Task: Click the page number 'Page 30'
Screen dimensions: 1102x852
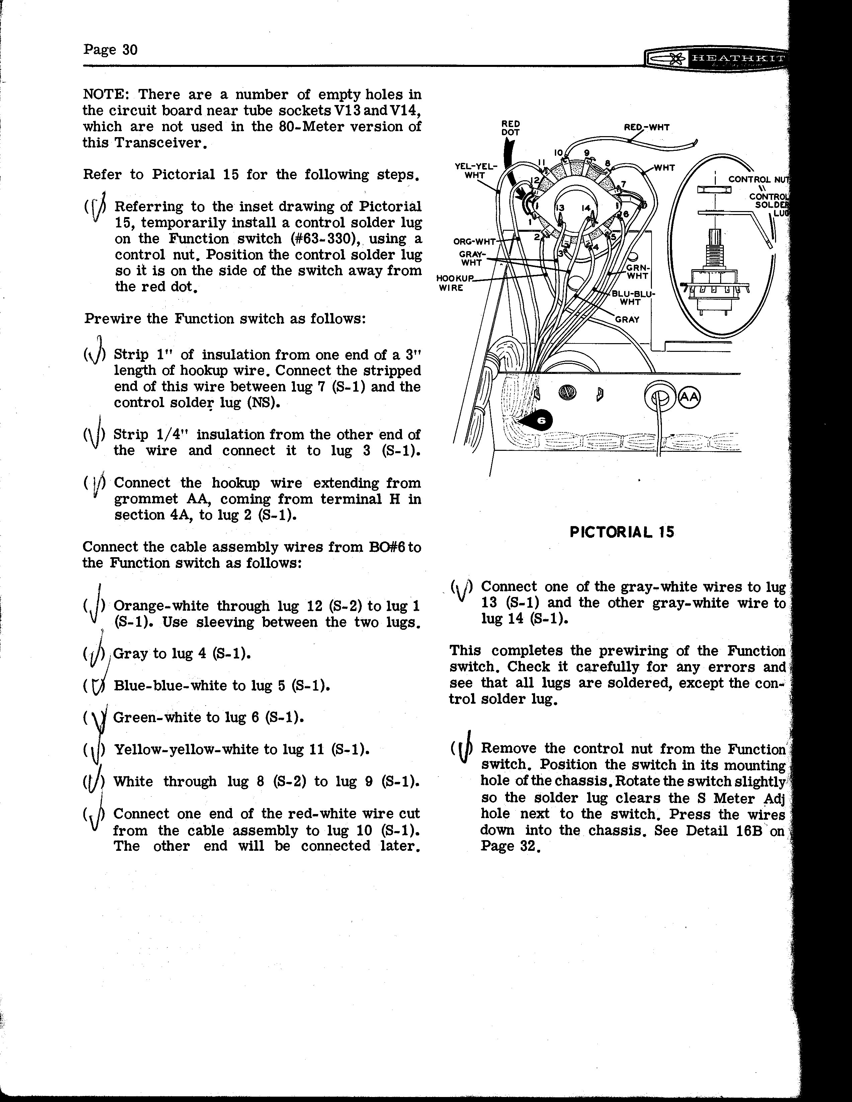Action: coord(110,49)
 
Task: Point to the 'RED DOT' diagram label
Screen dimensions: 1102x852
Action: coord(511,128)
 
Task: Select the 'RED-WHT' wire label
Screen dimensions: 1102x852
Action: coord(647,128)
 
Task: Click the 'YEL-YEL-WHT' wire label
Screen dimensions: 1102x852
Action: coord(476,171)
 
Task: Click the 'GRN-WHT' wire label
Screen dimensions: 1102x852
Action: coord(638,272)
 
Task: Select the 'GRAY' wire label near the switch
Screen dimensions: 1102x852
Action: coord(627,319)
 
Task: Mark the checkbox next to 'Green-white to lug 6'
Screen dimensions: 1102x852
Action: coord(94,718)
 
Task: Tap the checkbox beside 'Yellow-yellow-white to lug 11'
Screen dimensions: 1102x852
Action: coord(94,750)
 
